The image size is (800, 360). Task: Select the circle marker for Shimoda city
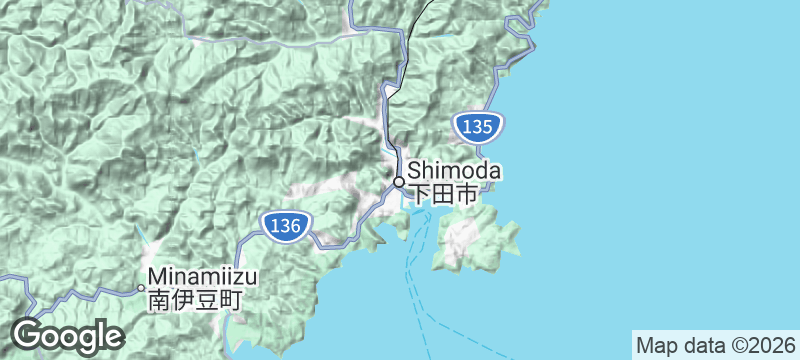[x=398, y=182]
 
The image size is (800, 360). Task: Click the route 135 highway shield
[x=476, y=126]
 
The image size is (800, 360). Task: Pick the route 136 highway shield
[x=284, y=226]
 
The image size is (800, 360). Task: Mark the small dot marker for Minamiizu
[x=141, y=288]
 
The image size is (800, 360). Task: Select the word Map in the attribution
[x=656, y=345]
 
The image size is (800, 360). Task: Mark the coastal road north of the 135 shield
[x=500, y=75]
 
